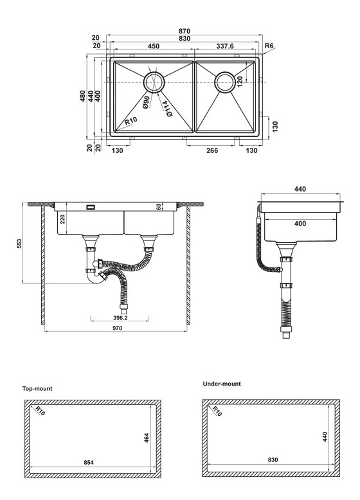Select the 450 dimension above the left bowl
point(154,46)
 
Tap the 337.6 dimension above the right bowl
point(222,46)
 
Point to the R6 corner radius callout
point(271,46)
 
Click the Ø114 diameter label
point(166,109)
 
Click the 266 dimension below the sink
point(213,150)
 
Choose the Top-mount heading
point(37,389)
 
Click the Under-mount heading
point(222,384)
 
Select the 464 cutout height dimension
point(147,440)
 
